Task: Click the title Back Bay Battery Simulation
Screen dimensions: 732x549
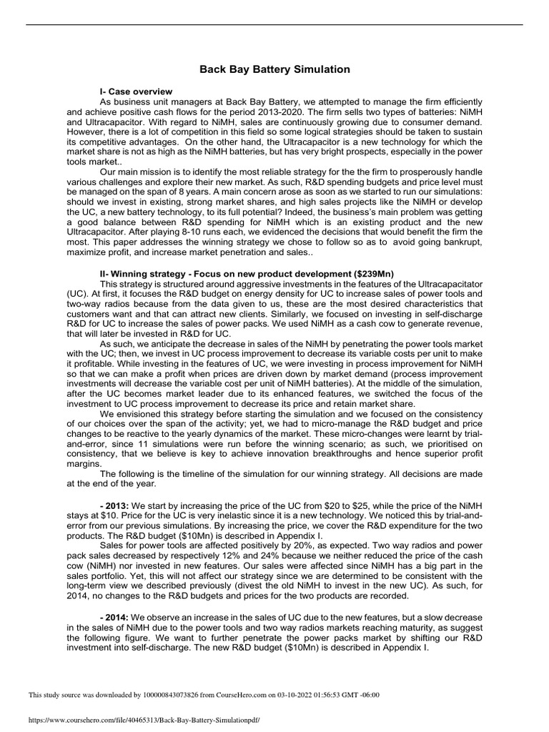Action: pos(274,69)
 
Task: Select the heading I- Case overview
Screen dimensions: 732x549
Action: pos(136,92)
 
